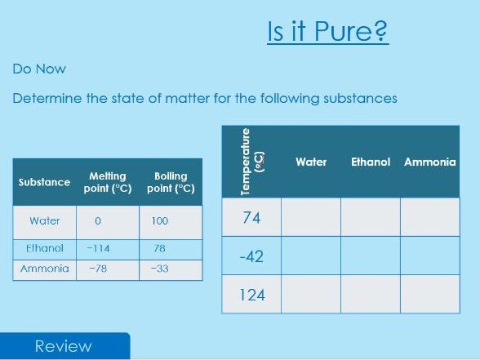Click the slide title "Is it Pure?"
(327, 32)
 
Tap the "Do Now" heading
(39, 69)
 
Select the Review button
(64, 346)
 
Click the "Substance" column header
(44, 181)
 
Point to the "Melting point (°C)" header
(108, 181)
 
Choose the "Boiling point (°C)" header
(171, 181)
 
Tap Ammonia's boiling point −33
(159, 269)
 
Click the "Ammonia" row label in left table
(45, 269)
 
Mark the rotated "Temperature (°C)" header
(252, 162)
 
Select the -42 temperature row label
(251, 256)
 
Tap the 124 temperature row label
(251, 295)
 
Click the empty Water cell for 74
(311, 217)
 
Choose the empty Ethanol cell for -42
(371, 256)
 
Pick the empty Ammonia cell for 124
(430, 295)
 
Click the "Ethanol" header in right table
(371, 162)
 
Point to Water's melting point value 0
(97, 221)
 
